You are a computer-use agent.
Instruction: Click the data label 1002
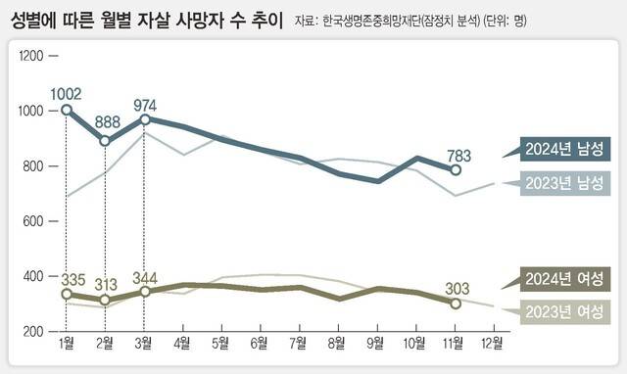coord(66,94)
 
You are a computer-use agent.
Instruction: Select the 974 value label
coord(144,104)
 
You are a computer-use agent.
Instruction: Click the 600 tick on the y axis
coord(36,221)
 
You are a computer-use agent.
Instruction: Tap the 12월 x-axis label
coord(493,343)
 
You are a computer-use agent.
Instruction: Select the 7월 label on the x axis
coord(299,343)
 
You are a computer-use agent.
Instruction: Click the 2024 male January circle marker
coord(66,110)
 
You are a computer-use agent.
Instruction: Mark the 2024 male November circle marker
coord(456,169)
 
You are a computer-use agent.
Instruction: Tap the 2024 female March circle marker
coord(144,292)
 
